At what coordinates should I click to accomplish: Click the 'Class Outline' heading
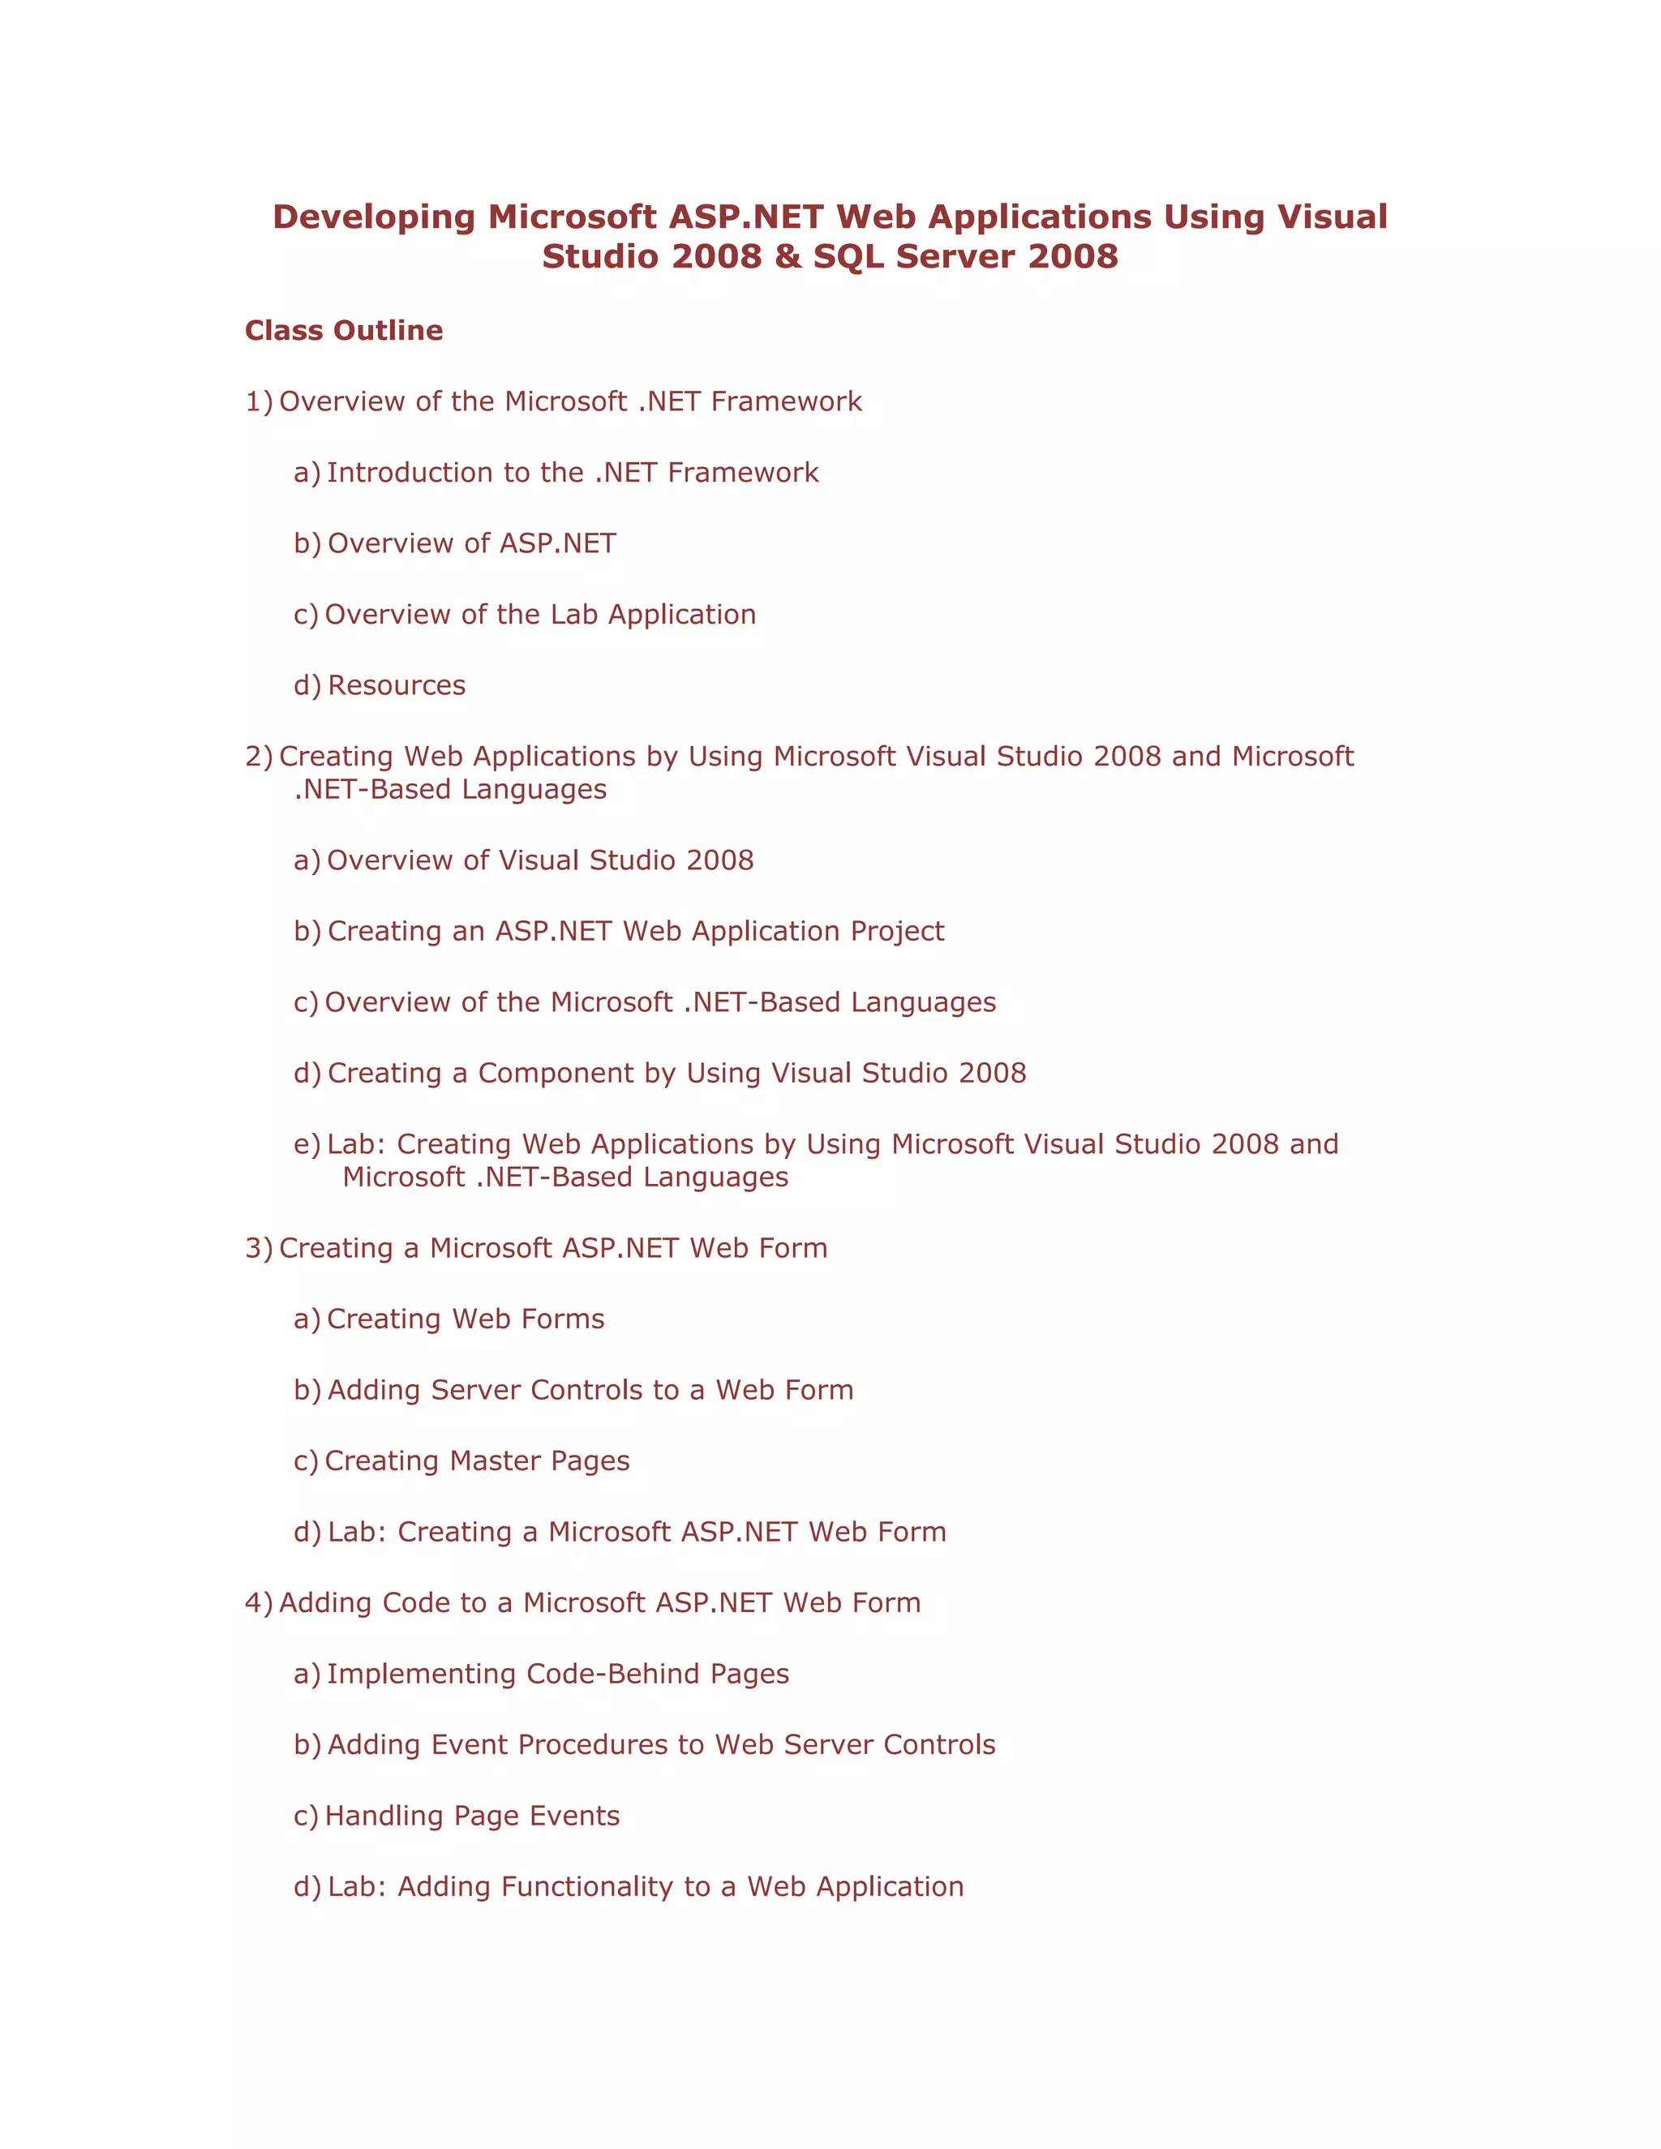343,331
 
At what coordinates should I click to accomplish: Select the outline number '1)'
258,401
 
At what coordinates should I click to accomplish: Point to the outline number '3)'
258,1248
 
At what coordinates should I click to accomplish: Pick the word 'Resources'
397,685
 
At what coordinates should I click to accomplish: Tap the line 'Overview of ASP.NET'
471,543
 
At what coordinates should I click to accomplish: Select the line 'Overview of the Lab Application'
540,614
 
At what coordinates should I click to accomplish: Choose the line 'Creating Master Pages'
477,1461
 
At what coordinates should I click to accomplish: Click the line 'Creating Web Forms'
466,1319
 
